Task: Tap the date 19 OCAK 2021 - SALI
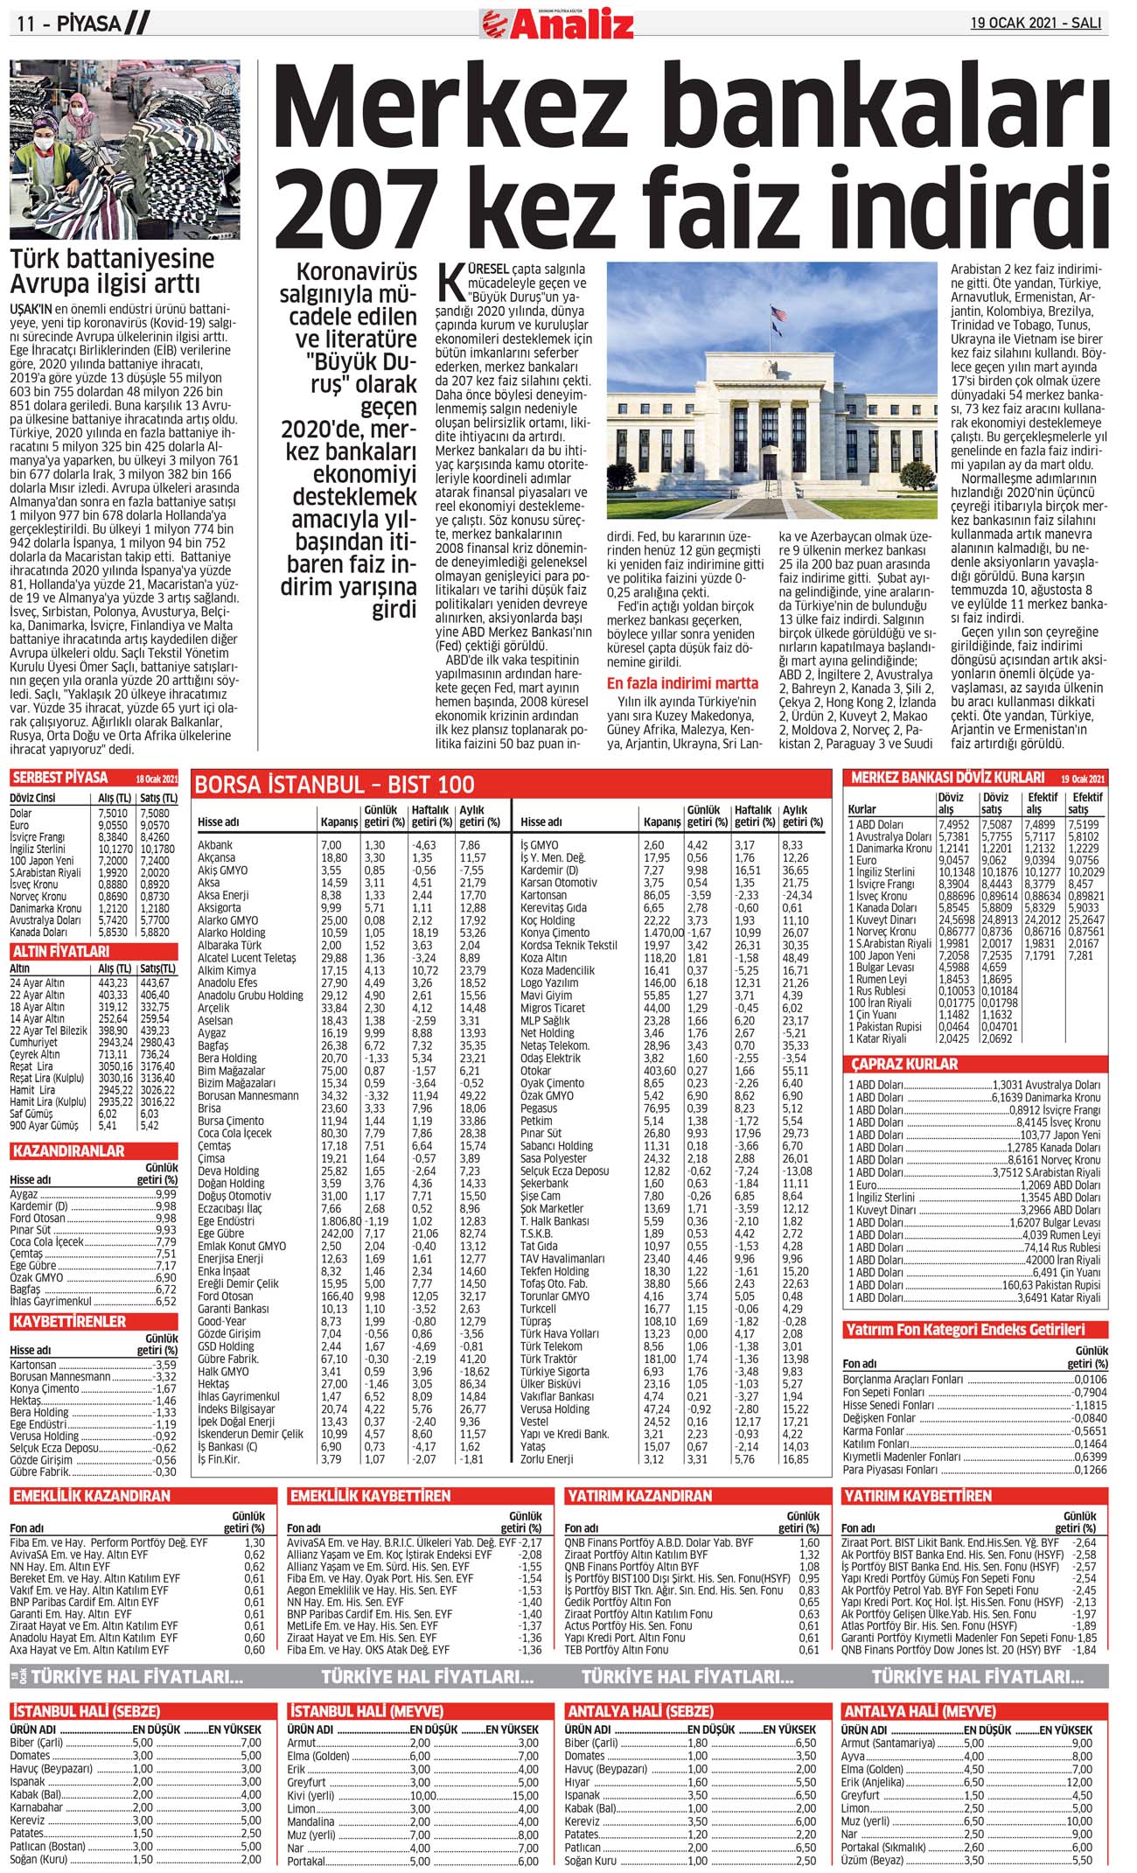[x=1036, y=24]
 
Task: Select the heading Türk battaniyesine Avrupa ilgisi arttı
[x=112, y=271]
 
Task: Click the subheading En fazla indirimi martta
[x=682, y=683]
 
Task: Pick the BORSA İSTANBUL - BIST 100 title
[x=334, y=785]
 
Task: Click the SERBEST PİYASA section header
[x=60, y=778]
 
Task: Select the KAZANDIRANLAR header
[x=68, y=1151]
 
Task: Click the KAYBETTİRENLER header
[x=69, y=1321]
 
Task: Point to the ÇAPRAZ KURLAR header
[x=904, y=1065]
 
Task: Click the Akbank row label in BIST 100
[x=215, y=845]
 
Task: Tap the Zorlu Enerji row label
[x=547, y=1459]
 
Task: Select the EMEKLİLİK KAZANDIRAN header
[x=91, y=1496]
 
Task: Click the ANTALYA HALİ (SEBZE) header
[x=642, y=1711]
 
